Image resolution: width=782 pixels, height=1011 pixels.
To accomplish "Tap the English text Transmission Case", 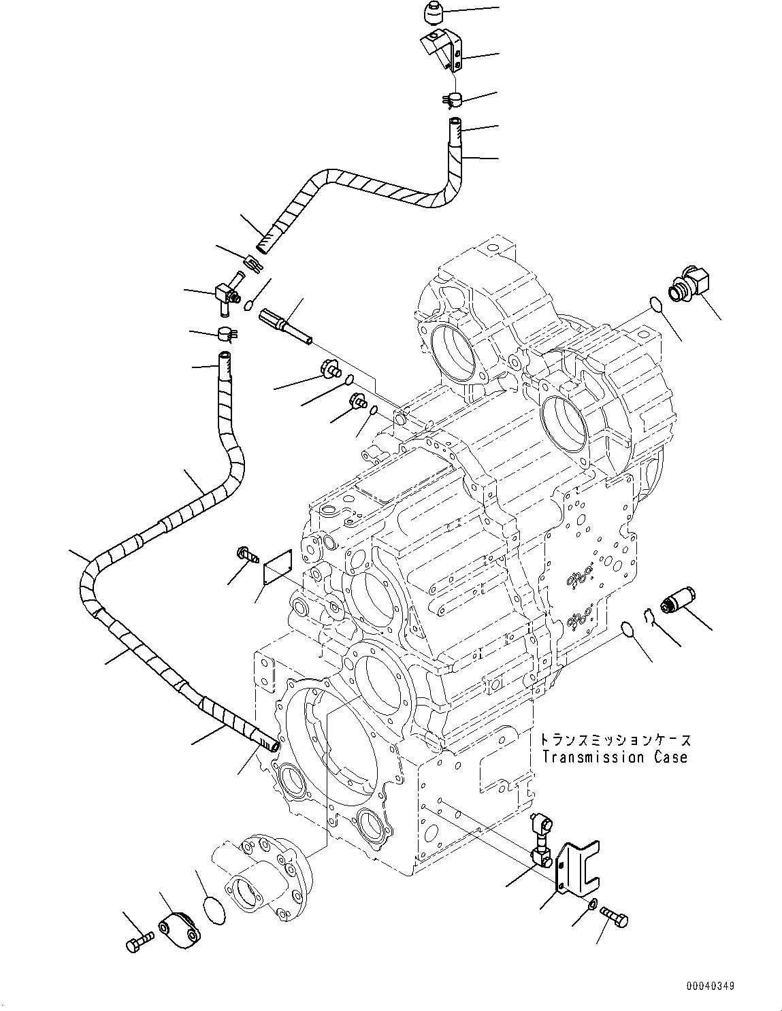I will (614, 757).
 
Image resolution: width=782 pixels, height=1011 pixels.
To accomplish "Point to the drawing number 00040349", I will (710, 985).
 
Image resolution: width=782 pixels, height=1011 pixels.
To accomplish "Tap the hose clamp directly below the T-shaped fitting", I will (225, 333).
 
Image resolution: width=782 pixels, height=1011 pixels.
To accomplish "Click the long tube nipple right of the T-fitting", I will (284, 326).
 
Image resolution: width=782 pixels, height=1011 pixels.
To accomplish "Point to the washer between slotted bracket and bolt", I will (593, 904).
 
